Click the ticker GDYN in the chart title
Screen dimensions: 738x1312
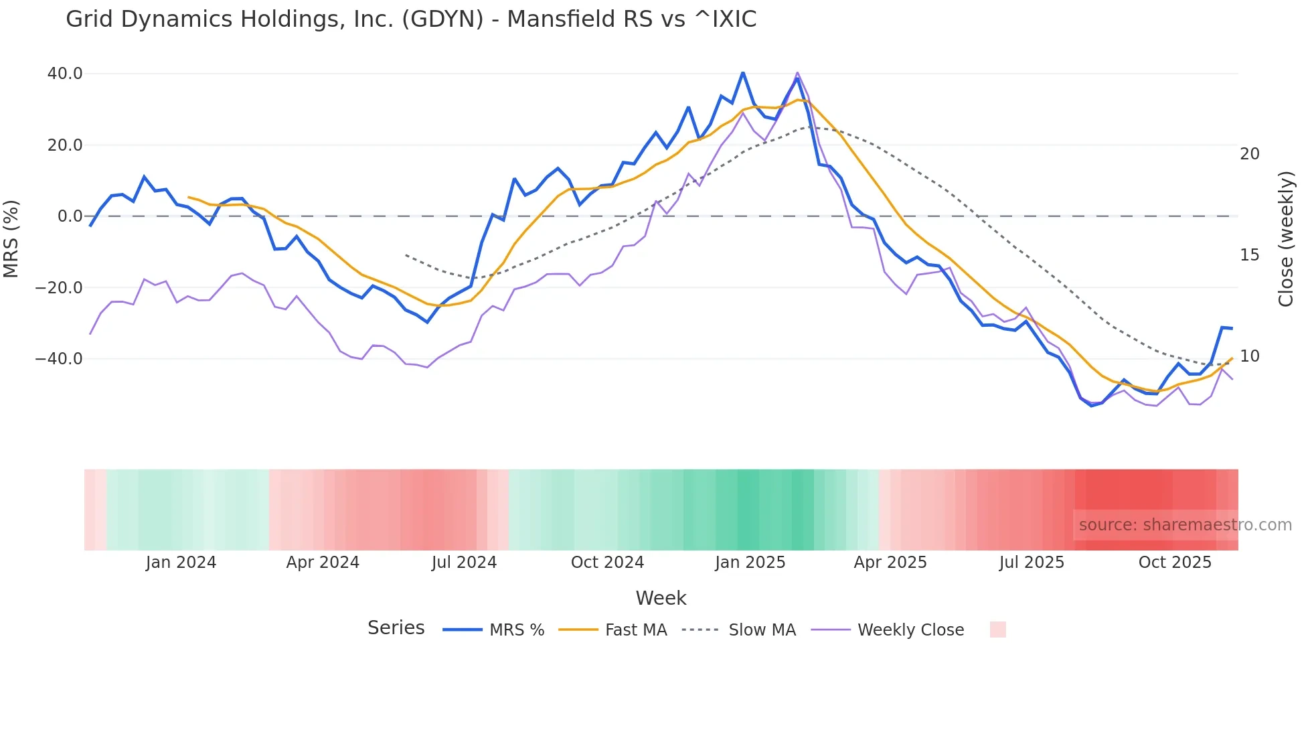442,19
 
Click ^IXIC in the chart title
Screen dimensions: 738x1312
726,19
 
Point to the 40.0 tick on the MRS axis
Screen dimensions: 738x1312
65,74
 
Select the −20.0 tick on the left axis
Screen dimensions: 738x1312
59,288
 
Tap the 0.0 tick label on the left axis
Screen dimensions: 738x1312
70,216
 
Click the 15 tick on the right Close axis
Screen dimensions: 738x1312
1249,255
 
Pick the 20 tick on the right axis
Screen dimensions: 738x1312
1249,154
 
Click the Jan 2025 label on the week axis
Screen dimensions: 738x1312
750,563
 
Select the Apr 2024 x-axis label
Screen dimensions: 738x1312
323,563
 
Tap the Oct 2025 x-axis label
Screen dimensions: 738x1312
1175,563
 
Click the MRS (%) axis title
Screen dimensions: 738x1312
11,238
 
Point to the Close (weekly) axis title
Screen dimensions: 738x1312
1286,239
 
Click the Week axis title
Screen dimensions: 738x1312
661,598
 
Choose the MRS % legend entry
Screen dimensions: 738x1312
516,630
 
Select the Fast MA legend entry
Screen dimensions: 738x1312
635,630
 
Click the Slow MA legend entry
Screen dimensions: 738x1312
762,630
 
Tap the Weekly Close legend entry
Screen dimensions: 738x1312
910,630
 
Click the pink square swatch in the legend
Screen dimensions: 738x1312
997,630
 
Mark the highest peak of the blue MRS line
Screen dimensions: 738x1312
743,72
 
